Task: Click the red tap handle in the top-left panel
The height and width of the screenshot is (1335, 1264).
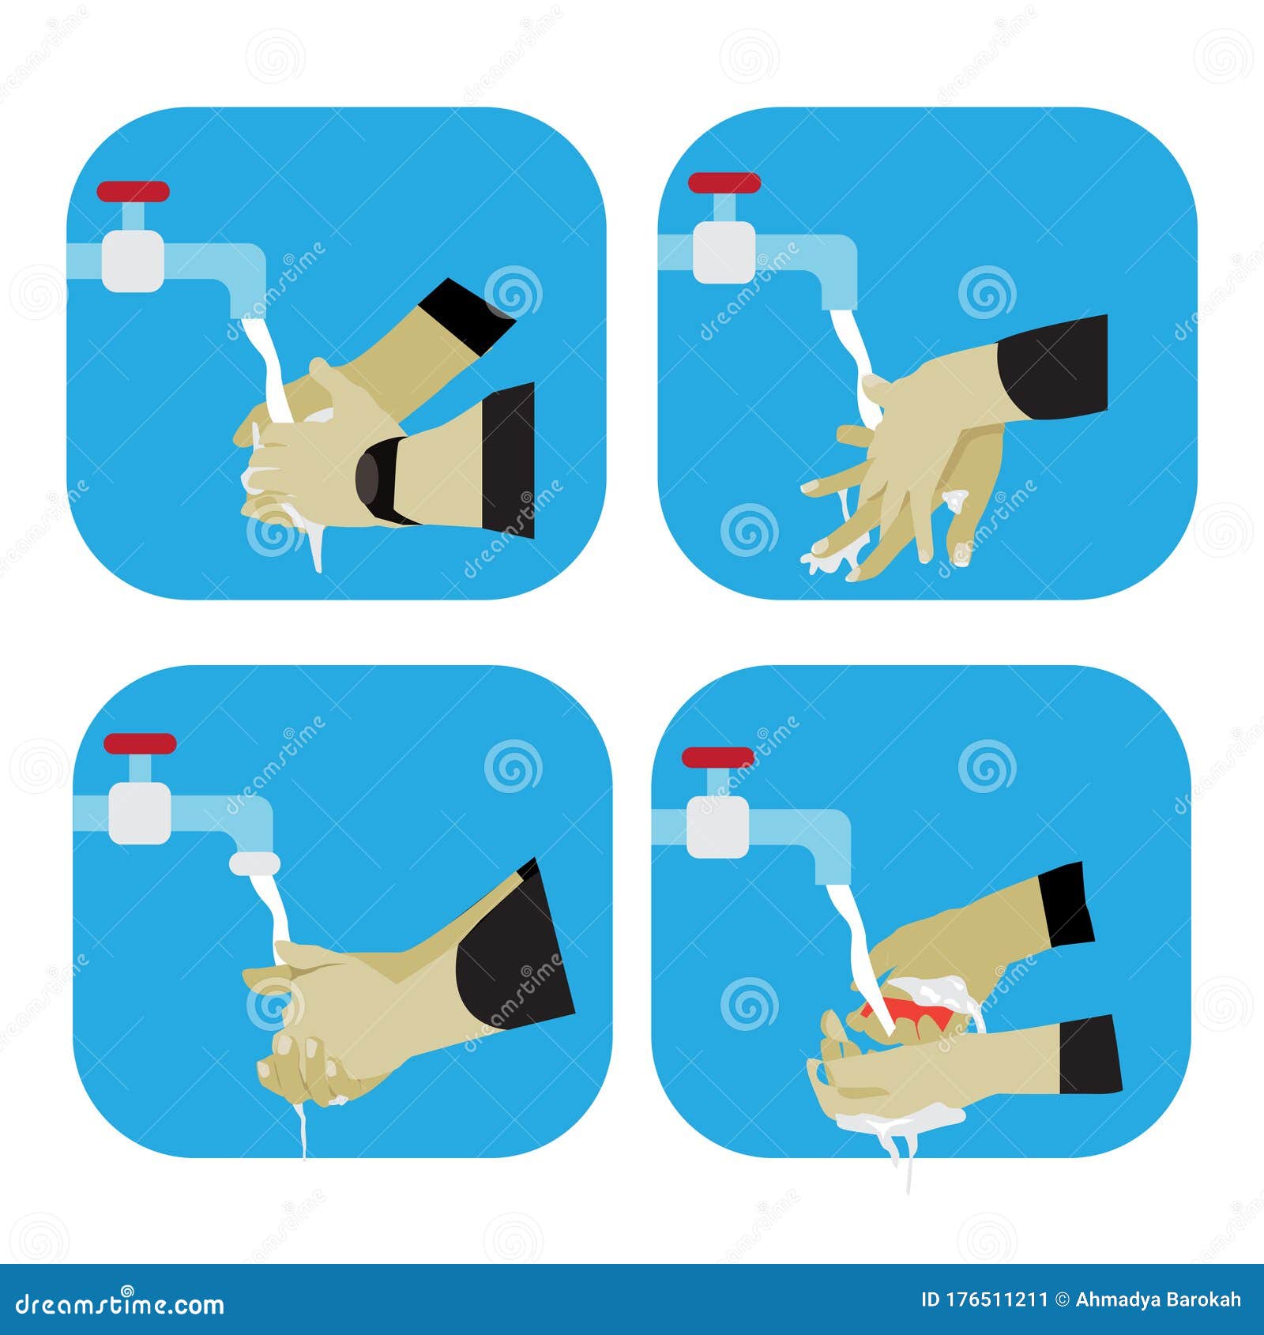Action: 133,192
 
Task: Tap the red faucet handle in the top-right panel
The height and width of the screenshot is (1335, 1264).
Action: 724,183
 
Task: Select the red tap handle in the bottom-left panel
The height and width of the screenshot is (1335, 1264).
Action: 139,743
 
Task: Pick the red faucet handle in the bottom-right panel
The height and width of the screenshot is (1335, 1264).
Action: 717,757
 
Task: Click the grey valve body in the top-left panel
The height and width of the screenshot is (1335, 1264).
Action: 133,260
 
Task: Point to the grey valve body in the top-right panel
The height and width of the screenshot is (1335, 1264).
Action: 724,251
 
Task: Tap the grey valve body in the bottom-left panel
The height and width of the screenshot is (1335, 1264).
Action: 139,814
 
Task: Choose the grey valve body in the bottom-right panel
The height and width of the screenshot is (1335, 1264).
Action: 717,826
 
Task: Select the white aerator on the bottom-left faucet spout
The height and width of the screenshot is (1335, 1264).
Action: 254,863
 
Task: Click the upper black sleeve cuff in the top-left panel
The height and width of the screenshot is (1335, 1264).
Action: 466,316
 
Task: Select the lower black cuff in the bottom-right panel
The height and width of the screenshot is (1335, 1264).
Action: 1090,1055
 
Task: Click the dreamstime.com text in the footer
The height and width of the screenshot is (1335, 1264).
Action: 120,1305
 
